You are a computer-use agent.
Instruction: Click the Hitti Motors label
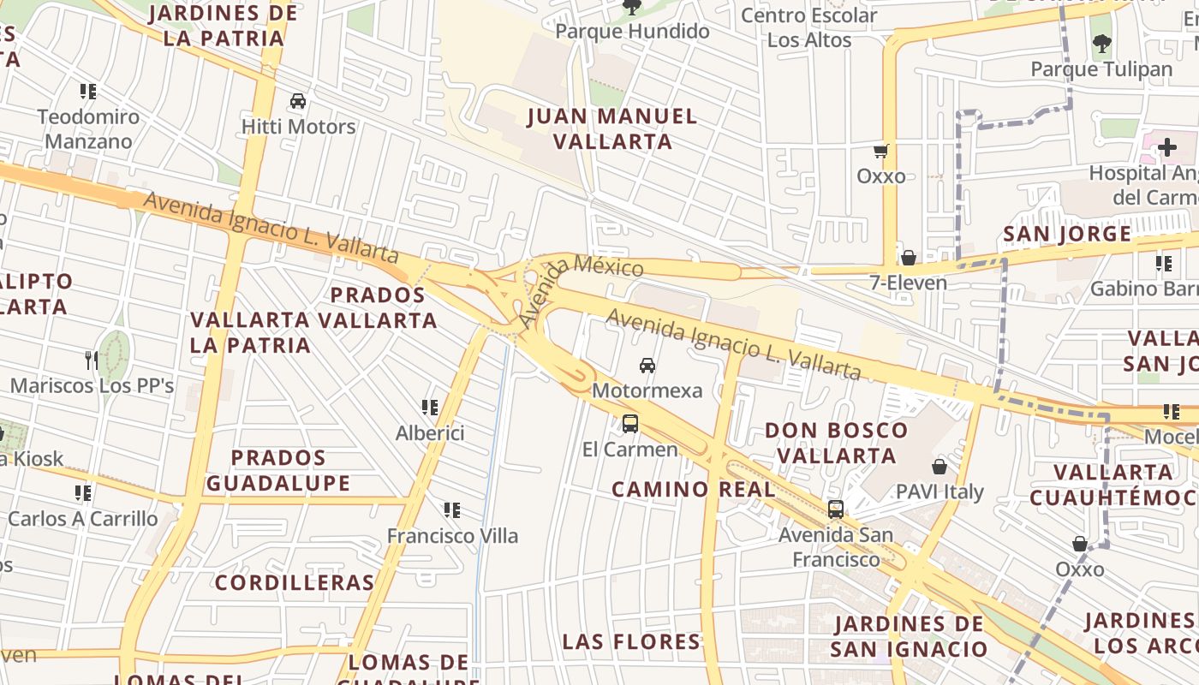coord(298,127)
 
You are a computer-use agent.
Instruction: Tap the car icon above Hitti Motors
coord(298,101)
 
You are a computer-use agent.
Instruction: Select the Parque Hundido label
coord(633,32)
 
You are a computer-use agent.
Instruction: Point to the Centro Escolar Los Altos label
coord(809,27)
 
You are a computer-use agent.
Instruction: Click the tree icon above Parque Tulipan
coord(1102,43)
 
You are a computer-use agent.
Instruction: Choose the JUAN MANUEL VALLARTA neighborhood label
coord(612,128)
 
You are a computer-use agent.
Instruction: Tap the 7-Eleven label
coord(909,283)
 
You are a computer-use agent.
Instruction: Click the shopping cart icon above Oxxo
coord(880,152)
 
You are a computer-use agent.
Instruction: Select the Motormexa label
coord(647,390)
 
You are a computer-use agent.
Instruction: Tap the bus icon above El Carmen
coord(630,423)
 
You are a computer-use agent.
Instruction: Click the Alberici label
coord(430,433)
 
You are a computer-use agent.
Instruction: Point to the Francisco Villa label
coord(452,536)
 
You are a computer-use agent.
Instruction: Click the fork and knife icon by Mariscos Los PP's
coord(92,360)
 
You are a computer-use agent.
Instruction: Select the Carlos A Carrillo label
coord(83,519)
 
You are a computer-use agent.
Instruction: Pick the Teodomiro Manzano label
coord(88,128)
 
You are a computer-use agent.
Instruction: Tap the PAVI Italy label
coord(940,492)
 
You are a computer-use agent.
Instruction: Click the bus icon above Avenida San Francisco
coord(836,509)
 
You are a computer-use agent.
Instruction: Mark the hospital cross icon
coord(1166,147)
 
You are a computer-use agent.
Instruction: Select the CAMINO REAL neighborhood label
coord(694,489)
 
